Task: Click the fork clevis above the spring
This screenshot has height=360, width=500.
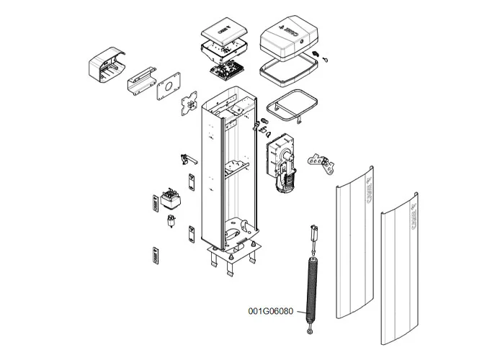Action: pyautogui.click(x=313, y=233)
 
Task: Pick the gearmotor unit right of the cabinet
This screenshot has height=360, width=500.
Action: pyautogui.click(x=282, y=164)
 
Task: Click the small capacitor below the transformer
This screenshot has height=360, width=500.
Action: pyautogui.click(x=171, y=221)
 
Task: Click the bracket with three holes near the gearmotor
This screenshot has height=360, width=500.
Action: pyautogui.click(x=321, y=163)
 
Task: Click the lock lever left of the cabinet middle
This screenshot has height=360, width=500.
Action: pyautogui.click(x=189, y=158)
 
